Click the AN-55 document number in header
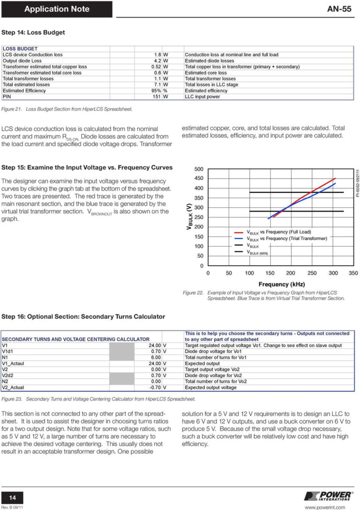339,9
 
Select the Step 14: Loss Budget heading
33,33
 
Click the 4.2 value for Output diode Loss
158,61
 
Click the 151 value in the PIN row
157,97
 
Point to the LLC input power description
203,97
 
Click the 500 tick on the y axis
198,169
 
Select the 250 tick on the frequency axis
311,273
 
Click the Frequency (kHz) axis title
281,284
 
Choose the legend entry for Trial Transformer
286,238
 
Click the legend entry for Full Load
279,232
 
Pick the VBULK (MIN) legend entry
257,252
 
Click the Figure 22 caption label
193,293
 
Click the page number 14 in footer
13,498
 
